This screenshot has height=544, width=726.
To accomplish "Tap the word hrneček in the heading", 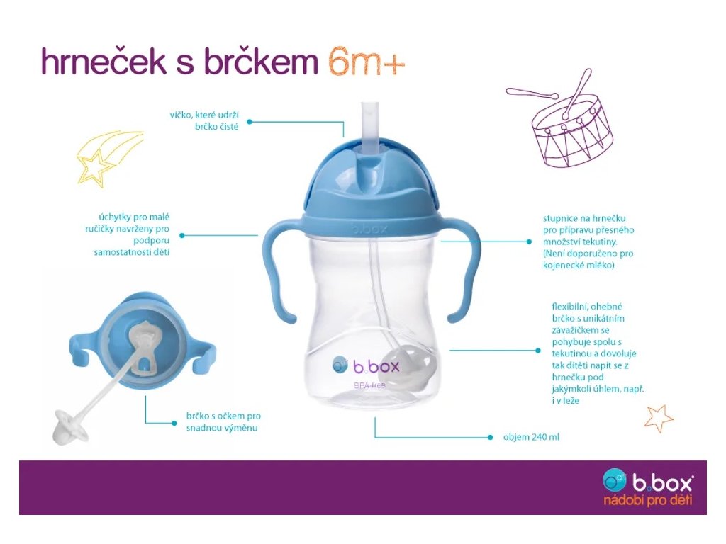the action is click(x=104, y=61).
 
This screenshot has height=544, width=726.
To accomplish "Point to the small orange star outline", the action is click(x=659, y=419).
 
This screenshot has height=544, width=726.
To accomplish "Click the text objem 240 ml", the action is click(x=531, y=437).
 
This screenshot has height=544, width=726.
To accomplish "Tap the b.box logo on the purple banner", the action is click(x=648, y=481).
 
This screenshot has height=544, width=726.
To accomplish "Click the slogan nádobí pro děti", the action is click(x=647, y=500).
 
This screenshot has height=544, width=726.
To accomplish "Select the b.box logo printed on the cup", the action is click(x=366, y=366).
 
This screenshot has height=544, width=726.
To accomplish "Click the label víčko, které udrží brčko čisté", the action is click(x=204, y=120).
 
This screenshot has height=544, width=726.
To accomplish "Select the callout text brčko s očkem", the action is click(x=223, y=422).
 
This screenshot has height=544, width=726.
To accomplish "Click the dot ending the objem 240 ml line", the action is click(x=491, y=437).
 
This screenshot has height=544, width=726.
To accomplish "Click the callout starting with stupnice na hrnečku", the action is click(x=588, y=242).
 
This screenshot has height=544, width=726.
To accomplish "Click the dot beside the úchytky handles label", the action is click(x=182, y=235).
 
